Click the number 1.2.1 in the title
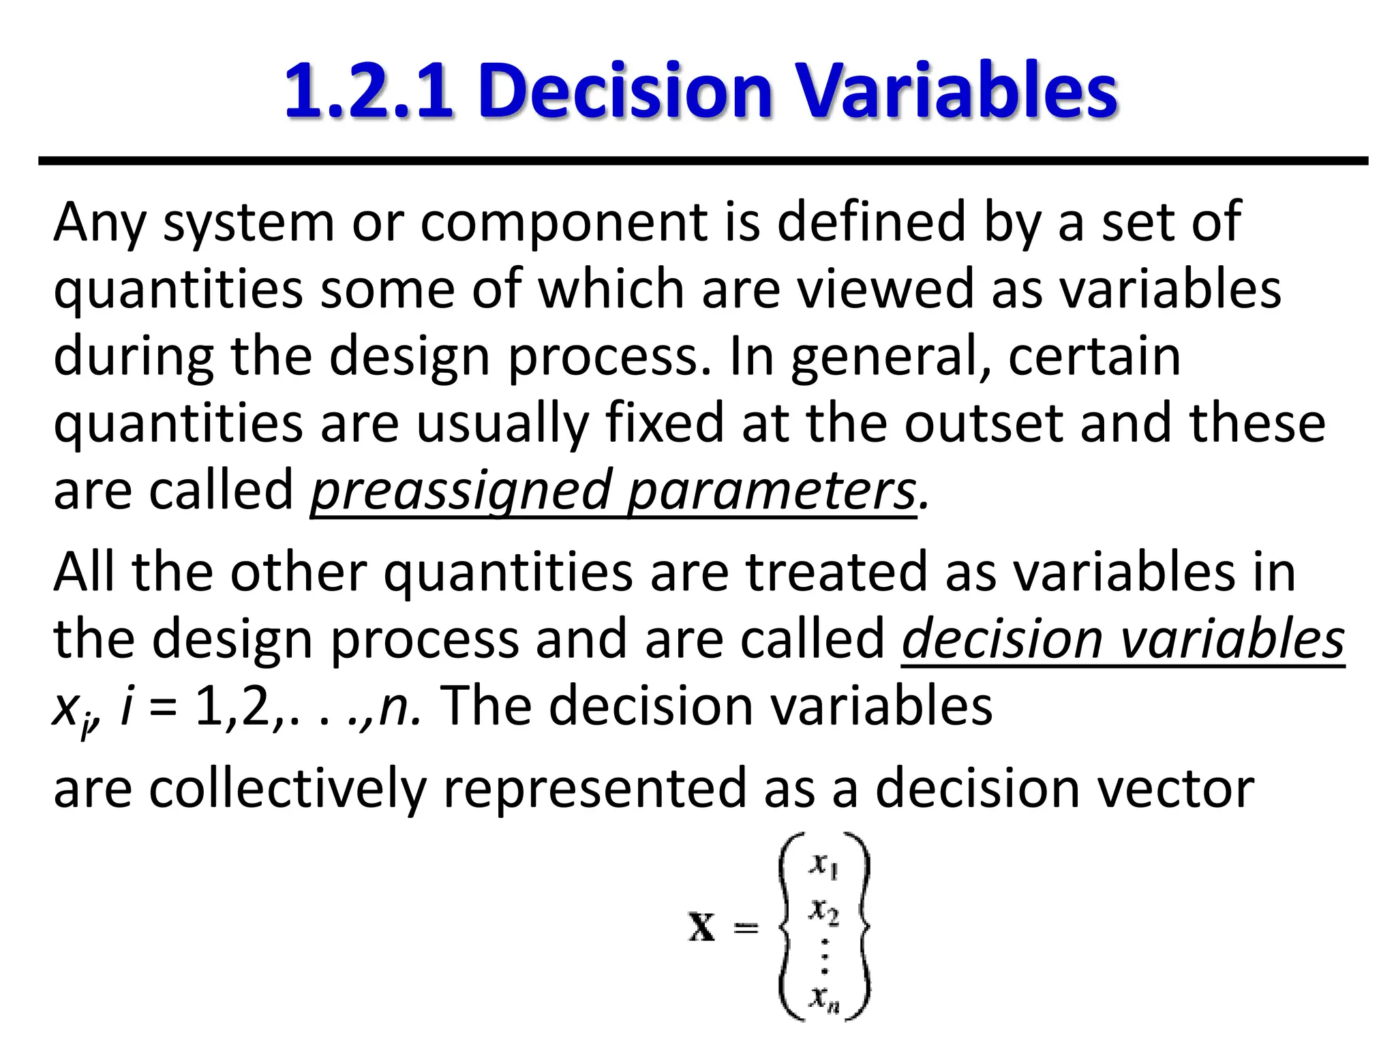pos(368,91)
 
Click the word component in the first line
pos(564,222)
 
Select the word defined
pos(871,222)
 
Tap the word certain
pos(1094,356)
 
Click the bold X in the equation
pos(702,928)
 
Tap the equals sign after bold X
pos(745,928)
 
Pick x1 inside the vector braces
pos(823,866)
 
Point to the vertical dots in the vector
pos(825,958)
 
